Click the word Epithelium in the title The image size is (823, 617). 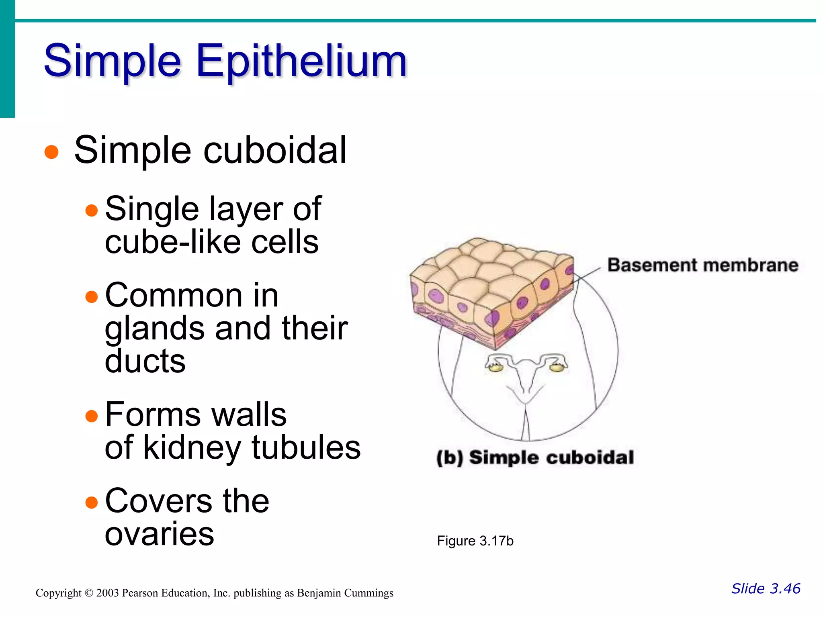click(x=301, y=61)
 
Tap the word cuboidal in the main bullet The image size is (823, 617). click(x=275, y=150)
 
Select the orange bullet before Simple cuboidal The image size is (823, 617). click(x=51, y=152)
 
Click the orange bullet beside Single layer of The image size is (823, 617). click(x=92, y=210)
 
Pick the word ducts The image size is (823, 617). click(x=145, y=360)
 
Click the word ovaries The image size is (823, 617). click(x=160, y=534)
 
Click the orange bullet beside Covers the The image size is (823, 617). click(x=92, y=502)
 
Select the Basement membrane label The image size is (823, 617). click(x=702, y=266)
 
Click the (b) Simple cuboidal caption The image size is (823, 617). click(x=535, y=458)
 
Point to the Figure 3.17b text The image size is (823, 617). click(x=475, y=541)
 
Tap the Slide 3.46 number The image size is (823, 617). click(x=766, y=588)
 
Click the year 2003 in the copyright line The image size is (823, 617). click(x=107, y=593)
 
